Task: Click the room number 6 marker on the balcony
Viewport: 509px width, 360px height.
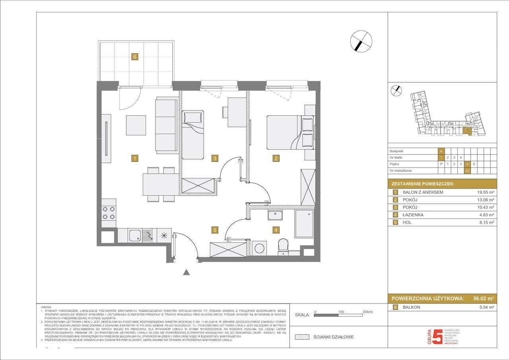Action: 135,57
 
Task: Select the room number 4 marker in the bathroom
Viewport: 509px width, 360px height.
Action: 276,230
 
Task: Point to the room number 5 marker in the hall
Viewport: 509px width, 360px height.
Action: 215,230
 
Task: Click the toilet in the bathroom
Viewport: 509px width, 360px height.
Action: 283,246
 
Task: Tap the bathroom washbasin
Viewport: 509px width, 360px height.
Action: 275,215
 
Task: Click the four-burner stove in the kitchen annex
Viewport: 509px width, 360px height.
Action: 109,213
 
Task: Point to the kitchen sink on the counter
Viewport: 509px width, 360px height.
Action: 134,235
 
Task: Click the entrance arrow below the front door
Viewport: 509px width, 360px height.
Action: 186,272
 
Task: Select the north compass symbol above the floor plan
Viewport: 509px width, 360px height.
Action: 361,41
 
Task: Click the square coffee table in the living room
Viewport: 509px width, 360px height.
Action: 136,125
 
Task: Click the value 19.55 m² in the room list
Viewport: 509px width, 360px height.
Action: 485,192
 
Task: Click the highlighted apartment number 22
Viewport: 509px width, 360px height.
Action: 468,171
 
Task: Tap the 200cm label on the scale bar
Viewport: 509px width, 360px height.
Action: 367,312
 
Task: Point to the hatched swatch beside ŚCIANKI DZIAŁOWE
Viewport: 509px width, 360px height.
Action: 302,337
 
